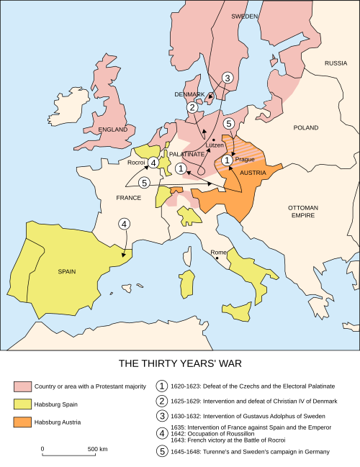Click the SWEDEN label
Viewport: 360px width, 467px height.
[x=244, y=15]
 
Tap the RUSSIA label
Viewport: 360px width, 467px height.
[x=336, y=63]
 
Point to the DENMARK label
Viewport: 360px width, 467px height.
[x=190, y=94]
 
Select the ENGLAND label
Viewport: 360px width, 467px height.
[x=113, y=130]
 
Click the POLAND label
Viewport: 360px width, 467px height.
[x=305, y=127]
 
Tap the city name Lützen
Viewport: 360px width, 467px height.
[x=215, y=145]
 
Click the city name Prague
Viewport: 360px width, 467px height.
[x=245, y=159]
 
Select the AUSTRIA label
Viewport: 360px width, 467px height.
[x=253, y=173]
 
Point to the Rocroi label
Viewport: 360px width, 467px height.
[x=137, y=163]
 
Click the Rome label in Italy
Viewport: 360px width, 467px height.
[x=218, y=253]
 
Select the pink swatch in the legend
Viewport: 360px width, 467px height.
[x=22, y=386]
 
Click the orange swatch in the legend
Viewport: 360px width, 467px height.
[x=22, y=421]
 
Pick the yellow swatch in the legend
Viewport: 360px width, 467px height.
[x=22, y=404]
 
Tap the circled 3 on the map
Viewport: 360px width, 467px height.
[x=228, y=78]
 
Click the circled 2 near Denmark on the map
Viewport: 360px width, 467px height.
[x=192, y=107]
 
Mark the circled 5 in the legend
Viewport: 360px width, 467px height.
[x=162, y=452]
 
